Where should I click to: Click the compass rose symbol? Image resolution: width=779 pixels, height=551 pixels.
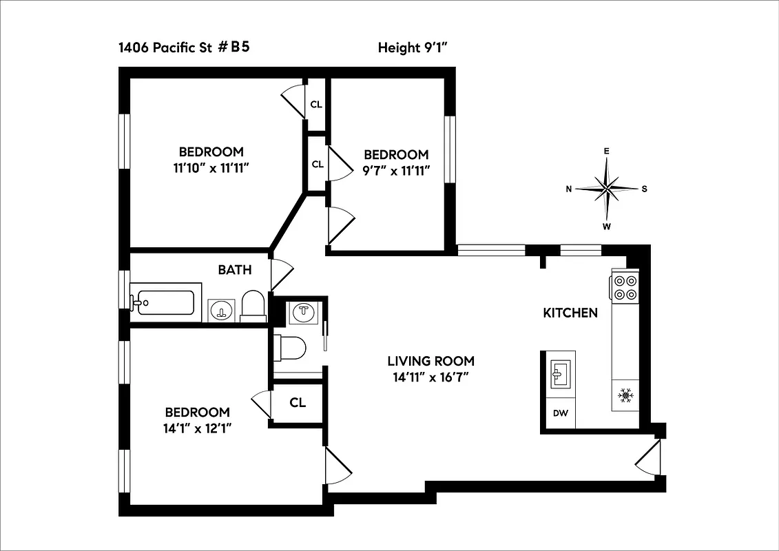click(x=607, y=188)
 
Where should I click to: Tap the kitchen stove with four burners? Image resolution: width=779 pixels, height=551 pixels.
click(x=625, y=287)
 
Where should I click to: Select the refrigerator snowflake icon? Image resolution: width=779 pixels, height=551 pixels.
click(x=625, y=395)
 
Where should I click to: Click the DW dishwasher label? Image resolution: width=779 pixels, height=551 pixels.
click(x=560, y=414)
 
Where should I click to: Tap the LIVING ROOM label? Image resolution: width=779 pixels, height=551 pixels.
click(x=430, y=361)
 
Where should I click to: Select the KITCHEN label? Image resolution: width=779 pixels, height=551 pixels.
click(x=570, y=313)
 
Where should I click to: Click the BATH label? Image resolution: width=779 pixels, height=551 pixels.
click(x=235, y=270)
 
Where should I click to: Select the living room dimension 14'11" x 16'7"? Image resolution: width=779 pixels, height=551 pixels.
click(x=430, y=377)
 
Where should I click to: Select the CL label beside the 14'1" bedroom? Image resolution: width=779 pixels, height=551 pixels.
click(x=298, y=403)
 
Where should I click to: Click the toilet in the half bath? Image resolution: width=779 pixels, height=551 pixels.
click(x=289, y=347)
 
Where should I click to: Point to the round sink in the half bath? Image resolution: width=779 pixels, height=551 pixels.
click(x=304, y=313)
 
